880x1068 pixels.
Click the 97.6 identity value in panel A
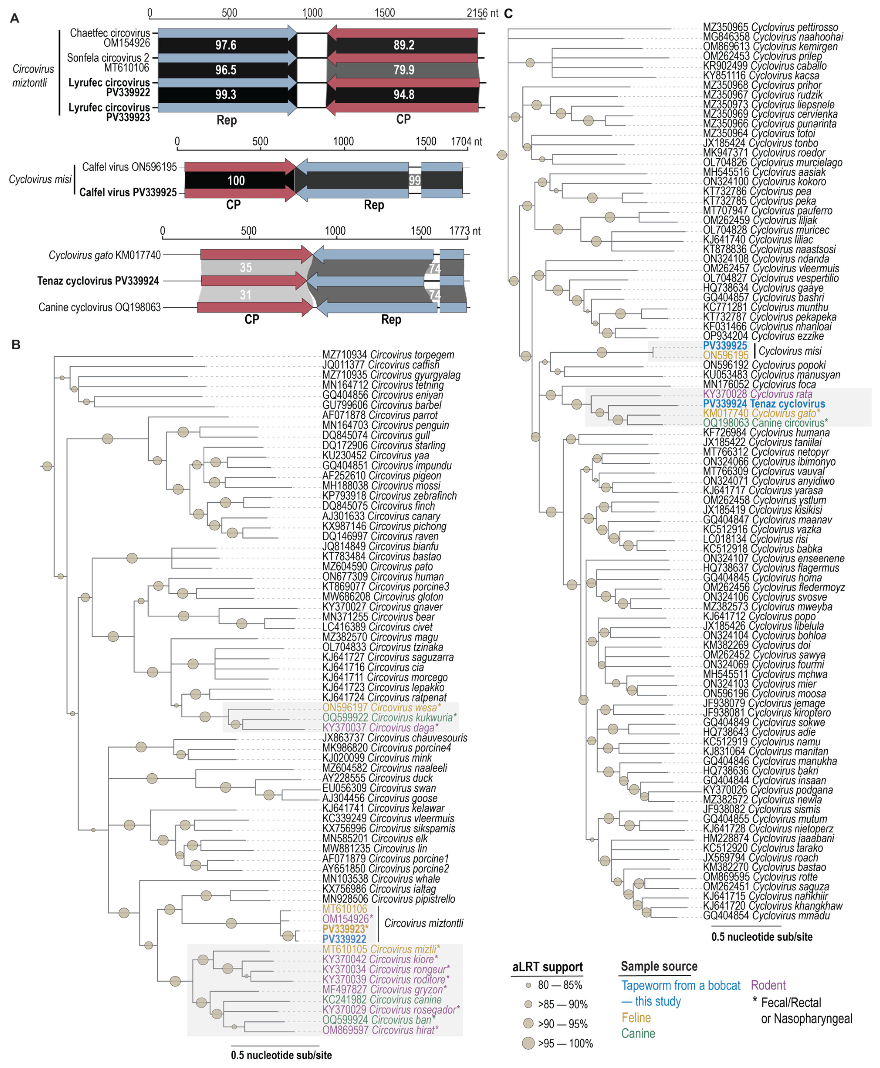tap(226, 45)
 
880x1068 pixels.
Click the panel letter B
tap(16, 345)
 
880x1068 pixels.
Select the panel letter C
tap(509, 14)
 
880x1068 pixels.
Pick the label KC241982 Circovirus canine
tap(382, 999)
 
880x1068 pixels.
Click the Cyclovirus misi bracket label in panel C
tap(790, 351)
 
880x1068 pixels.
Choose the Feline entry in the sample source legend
tap(636, 1017)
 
